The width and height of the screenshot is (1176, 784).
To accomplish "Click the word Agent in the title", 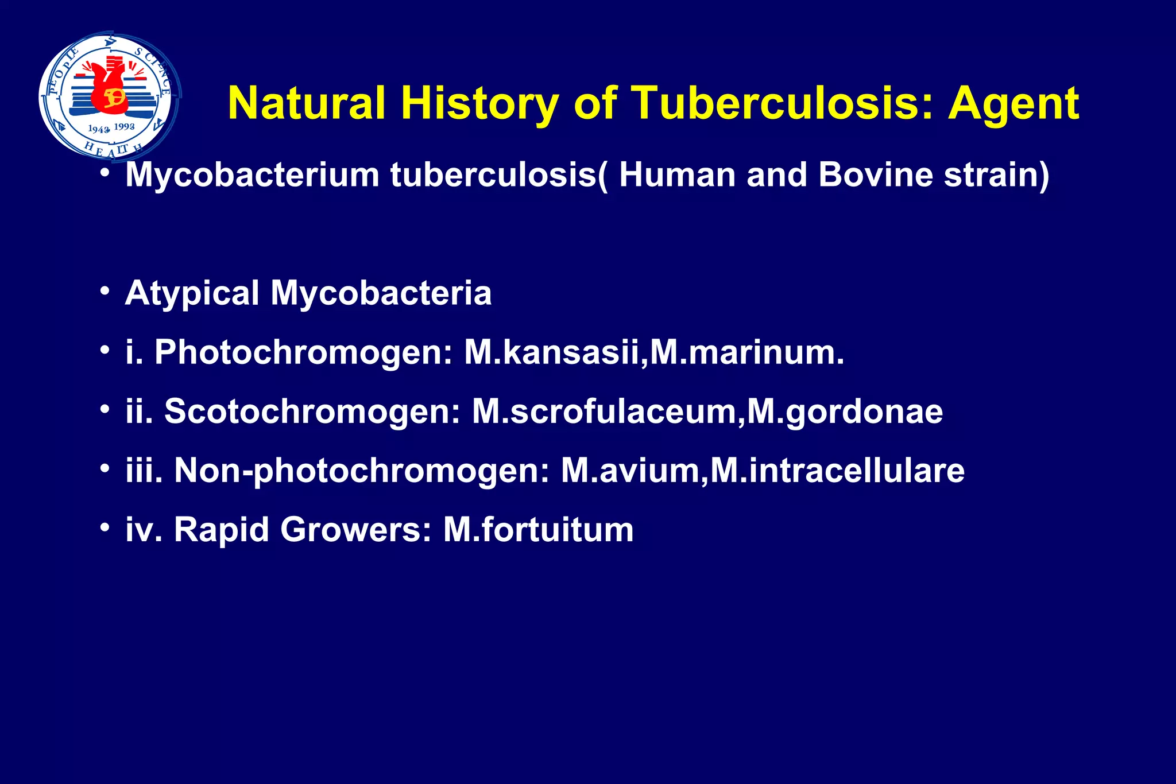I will click(x=1013, y=104).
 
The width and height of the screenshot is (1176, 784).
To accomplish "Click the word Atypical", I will click(x=192, y=294).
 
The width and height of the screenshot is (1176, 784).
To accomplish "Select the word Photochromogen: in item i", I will click(x=304, y=352).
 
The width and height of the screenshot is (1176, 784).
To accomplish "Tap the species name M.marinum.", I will click(x=747, y=352).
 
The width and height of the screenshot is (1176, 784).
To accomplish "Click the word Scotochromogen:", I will click(x=312, y=412).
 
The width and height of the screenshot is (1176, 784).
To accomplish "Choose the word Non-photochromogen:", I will click(x=362, y=471).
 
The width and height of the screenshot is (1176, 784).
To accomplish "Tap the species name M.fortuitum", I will click(x=538, y=529).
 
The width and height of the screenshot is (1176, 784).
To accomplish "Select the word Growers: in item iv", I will click(x=355, y=529).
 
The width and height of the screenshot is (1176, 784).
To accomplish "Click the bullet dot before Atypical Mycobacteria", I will click(x=104, y=291).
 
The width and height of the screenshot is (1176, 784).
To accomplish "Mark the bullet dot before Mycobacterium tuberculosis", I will click(x=104, y=172).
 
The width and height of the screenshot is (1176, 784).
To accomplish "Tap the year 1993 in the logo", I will click(x=125, y=126).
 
